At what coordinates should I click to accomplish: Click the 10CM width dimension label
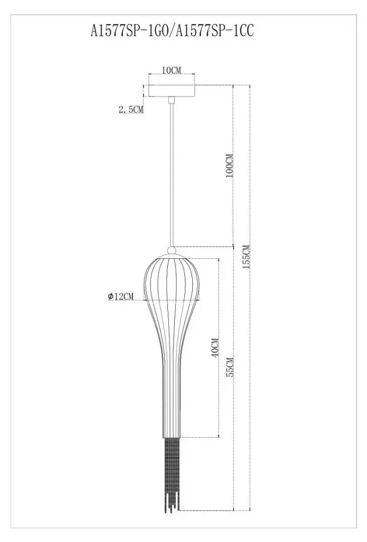point(171,70)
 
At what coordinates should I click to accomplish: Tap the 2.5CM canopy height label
point(131,110)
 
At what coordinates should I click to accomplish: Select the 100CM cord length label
point(229,166)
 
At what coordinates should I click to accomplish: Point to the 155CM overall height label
point(246,257)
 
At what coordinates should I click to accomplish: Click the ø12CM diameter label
point(120,296)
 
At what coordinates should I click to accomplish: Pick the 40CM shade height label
point(214,348)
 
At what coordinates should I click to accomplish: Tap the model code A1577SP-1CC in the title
point(215,31)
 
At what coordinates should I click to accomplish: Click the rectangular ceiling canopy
point(171,91)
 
